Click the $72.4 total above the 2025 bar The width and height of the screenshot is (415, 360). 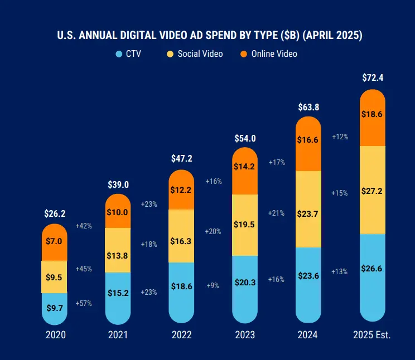click(x=372, y=77)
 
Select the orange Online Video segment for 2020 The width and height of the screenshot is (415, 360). click(x=54, y=242)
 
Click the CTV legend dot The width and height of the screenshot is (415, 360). click(x=119, y=54)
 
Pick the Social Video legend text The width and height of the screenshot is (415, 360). click(x=200, y=54)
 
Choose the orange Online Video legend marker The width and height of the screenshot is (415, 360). click(x=244, y=54)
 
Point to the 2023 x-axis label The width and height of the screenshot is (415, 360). click(x=245, y=335)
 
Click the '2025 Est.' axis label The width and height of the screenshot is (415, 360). click(x=372, y=335)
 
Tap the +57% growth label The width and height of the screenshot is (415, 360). click(x=84, y=304)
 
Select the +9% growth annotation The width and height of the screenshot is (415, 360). click(x=213, y=285)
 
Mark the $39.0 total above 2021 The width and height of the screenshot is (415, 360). click(x=118, y=184)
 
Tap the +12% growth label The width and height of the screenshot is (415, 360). click(x=340, y=137)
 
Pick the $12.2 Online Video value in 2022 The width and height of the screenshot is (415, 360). click(x=181, y=190)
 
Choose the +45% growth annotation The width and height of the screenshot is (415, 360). click(x=84, y=269)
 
